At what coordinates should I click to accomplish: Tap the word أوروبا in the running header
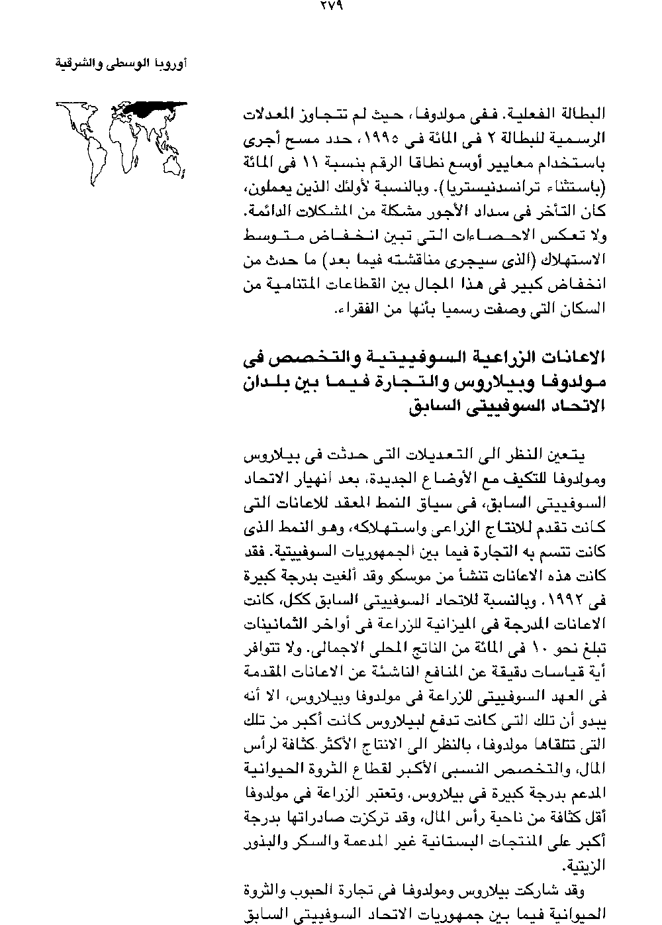[x=171, y=64]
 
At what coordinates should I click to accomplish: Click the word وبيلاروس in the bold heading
[x=463, y=383]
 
